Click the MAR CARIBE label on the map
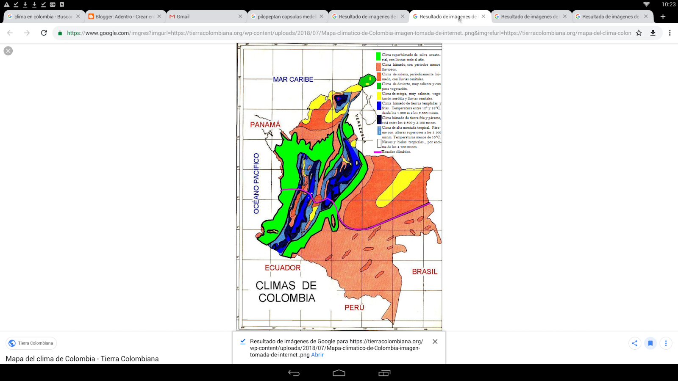tap(293, 80)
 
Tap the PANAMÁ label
tap(265, 124)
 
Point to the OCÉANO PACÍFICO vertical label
tap(256, 183)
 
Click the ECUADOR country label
tap(283, 268)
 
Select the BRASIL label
tap(425, 272)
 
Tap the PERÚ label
tap(354, 308)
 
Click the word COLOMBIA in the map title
tap(287, 298)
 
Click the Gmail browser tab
tap(183, 17)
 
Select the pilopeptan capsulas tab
tap(286, 17)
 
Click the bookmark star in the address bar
tap(639, 33)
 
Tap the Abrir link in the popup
tap(317, 355)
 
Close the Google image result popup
tap(435, 342)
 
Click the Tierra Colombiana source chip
tap(31, 343)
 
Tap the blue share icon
tap(634, 343)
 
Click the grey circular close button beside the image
tap(8, 51)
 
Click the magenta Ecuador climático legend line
tap(378, 152)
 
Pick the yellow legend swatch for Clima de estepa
tap(379, 96)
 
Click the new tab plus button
tap(663, 17)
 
